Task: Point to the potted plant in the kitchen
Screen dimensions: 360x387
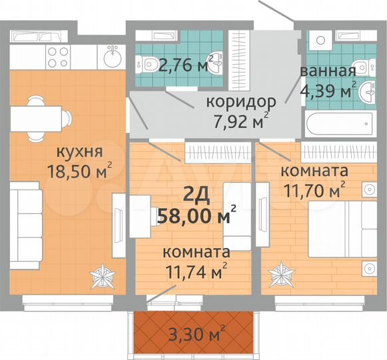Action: pyautogui.click(x=104, y=275)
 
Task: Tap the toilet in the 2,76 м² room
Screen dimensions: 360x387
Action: pyautogui.click(x=147, y=64)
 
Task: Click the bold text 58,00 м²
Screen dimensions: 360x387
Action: pyautogui.click(x=197, y=215)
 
